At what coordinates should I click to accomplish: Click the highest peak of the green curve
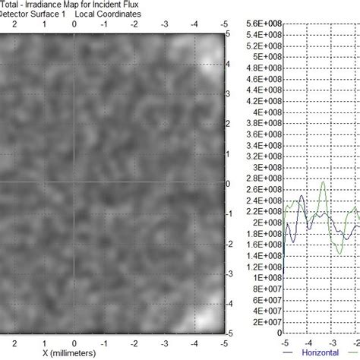(326, 182)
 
